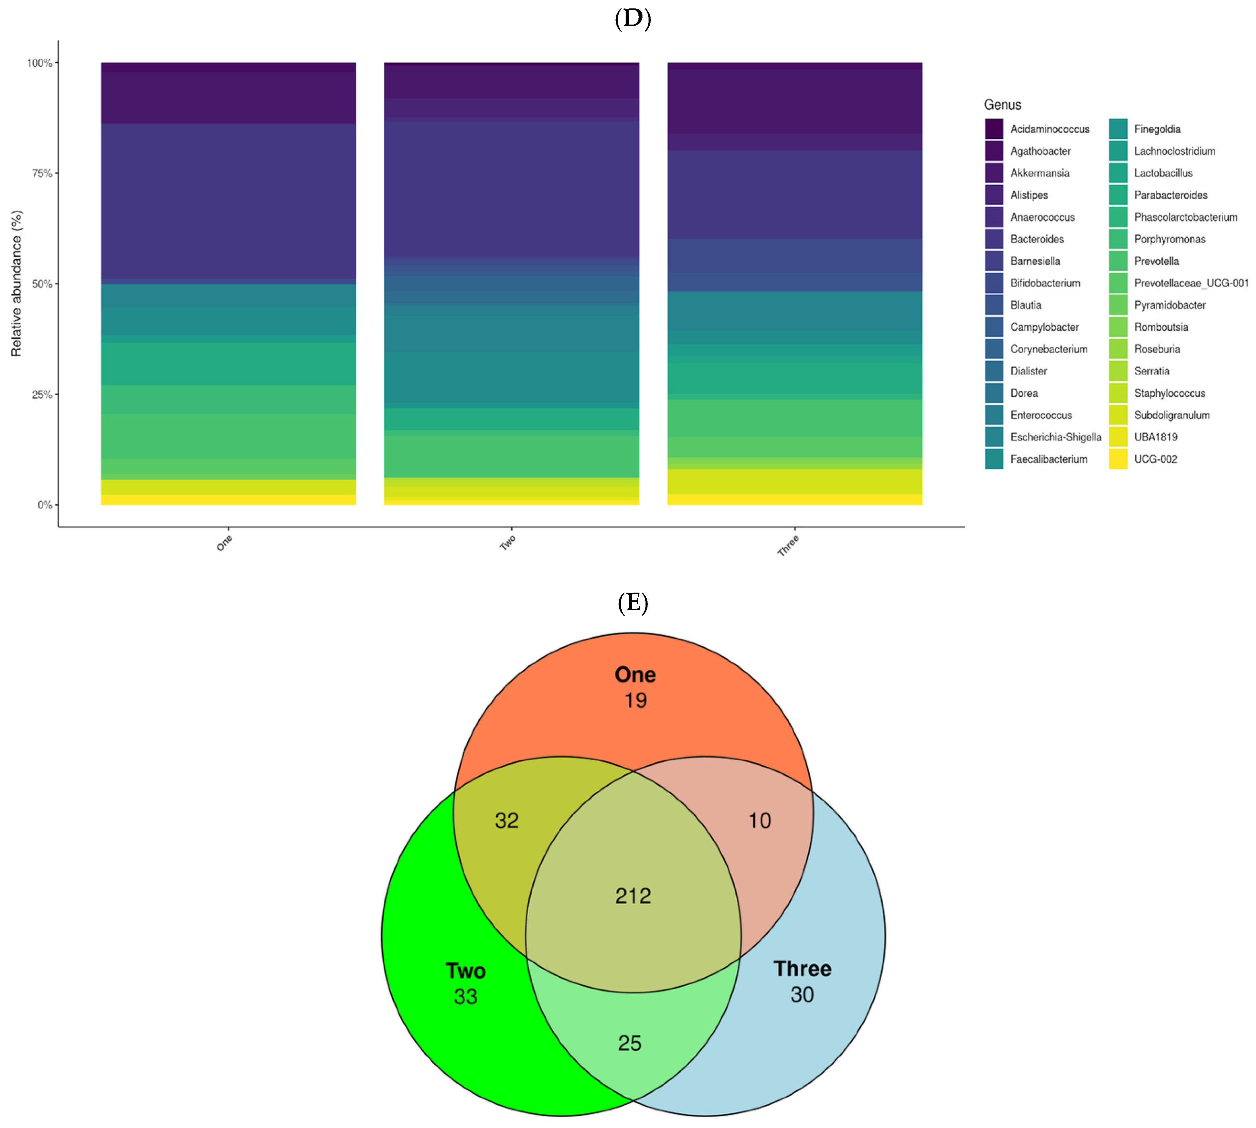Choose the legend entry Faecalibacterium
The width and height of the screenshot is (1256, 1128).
(x=1049, y=459)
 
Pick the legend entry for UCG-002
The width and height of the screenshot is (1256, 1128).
(x=1155, y=459)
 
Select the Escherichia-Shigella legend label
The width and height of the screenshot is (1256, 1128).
(x=1055, y=437)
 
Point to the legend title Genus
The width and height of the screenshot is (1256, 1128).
(x=1002, y=105)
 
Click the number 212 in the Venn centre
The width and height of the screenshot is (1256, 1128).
(x=633, y=896)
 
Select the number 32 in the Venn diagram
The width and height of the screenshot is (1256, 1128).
(x=507, y=821)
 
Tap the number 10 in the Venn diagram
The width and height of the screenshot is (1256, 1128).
(x=759, y=821)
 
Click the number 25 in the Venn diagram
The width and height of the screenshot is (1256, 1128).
(x=630, y=1043)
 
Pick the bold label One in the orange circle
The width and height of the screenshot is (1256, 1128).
(x=634, y=674)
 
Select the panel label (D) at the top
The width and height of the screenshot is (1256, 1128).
(x=633, y=19)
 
